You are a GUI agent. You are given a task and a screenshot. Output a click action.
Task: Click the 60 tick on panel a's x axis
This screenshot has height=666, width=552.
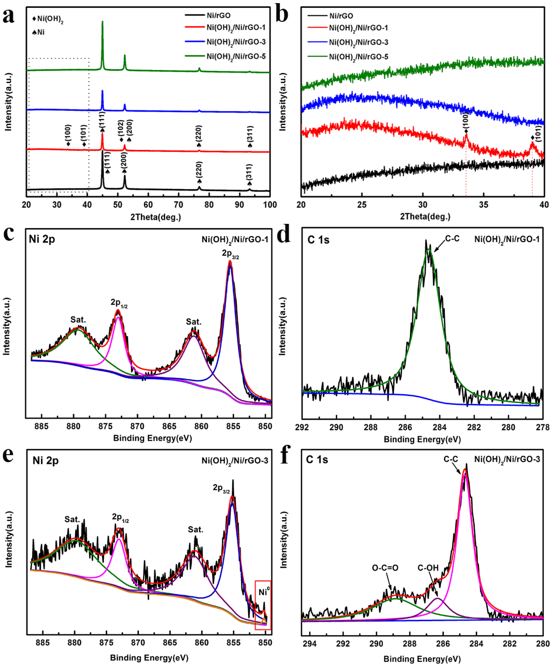pyautogui.click(x=148, y=205)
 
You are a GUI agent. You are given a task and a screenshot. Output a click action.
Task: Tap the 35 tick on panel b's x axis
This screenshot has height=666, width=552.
pyautogui.click(x=483, y=205)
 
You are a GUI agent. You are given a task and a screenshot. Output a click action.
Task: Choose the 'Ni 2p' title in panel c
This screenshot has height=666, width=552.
pyautogui.click(x=42, y=239)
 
